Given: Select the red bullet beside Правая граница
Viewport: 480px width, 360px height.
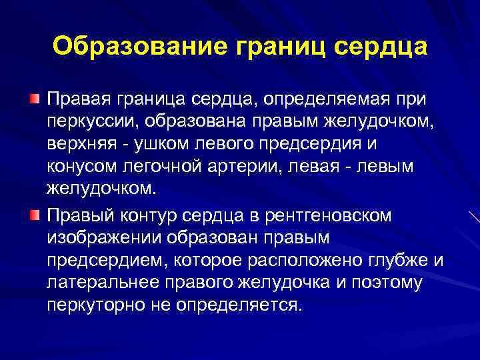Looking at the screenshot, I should click(33, 99).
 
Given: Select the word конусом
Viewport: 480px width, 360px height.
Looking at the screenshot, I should click(82, 168).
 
